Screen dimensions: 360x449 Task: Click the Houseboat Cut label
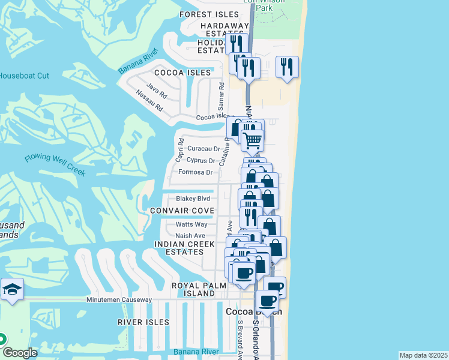pos(24,76)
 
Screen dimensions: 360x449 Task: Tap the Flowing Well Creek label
pos(55,166)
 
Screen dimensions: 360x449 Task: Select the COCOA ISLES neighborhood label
pos(174,73)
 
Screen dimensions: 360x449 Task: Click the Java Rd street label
pos(155,91)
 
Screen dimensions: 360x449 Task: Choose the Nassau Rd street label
pos(149,102)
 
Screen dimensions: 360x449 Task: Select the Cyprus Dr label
pos(201,161)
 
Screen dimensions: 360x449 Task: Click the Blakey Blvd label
pos(193,199)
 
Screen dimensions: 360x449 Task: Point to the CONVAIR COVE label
pos(182,211)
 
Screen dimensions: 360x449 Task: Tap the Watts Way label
pos(191,224)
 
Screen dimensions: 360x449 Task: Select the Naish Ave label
pos(190,236)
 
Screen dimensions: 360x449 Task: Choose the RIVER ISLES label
pos(143,322)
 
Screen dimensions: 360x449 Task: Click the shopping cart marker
pos(253,140)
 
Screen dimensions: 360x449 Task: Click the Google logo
pos(20,353)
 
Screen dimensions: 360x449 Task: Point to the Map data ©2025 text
pos(423,355)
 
